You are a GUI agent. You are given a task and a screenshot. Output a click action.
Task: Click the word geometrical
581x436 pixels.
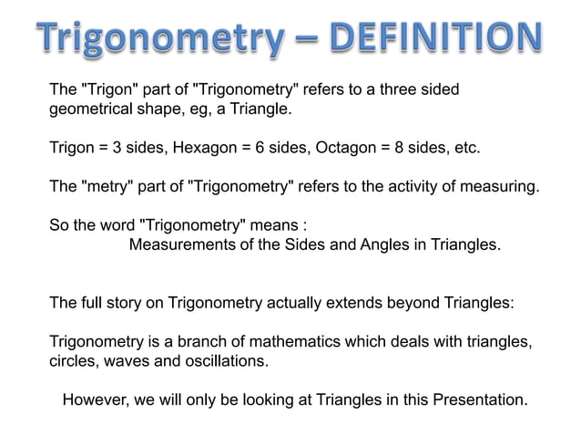(90, 110)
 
